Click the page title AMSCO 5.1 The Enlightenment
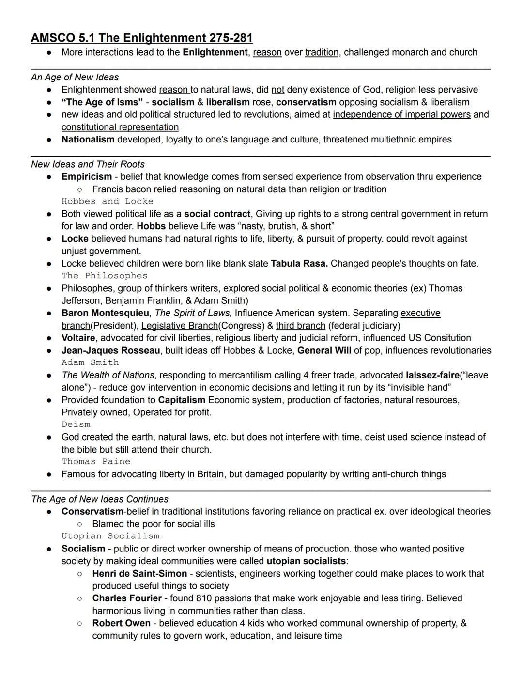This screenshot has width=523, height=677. (141, 38)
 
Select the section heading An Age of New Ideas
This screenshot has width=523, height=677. (75, 77)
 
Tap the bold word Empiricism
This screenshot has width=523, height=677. (86, 177)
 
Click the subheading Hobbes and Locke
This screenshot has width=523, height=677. (107, 201)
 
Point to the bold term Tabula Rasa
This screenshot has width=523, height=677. (299, 264)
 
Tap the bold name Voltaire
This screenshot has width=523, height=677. (78, 338)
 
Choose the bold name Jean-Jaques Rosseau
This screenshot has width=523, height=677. (110, 350)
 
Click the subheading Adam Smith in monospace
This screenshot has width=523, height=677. (90, 362)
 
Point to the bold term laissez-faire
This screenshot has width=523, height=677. (432, 375)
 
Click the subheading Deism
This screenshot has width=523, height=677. (76, 425)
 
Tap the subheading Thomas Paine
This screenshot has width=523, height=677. (96, 462)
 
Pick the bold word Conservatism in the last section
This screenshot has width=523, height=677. (92, 512)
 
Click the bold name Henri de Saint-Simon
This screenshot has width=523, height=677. (139, 574)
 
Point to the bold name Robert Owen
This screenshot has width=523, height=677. (121, 623)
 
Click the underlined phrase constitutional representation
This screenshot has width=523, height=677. (120, 127)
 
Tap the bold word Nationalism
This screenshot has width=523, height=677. (88, 140)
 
